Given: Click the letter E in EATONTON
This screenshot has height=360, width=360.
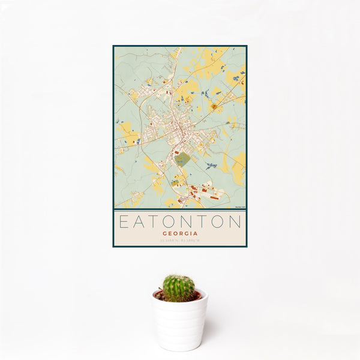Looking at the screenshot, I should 123,222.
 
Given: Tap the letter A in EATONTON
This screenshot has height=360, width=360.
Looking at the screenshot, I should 139,222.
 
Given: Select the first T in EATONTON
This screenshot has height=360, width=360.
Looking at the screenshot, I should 154,222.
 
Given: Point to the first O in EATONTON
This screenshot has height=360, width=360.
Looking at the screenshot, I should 170,222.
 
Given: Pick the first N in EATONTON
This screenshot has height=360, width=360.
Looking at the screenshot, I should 188,222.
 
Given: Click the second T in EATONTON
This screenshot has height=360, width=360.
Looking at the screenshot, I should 203,222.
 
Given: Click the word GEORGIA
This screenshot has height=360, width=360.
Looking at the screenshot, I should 179,233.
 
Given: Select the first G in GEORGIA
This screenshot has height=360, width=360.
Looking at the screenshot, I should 165,233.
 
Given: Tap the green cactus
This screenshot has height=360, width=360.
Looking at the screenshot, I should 179,288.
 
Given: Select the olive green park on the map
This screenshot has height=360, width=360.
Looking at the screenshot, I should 183,159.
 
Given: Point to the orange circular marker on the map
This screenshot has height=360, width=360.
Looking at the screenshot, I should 214,106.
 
